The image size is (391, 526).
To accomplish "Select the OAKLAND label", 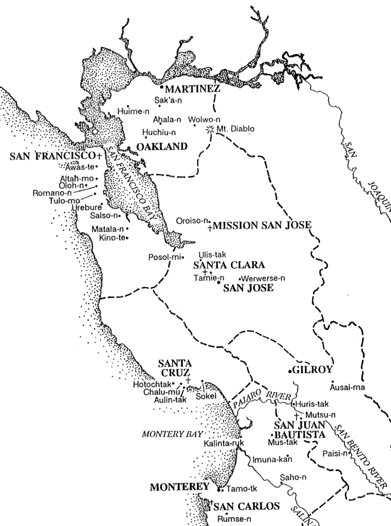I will click(161, 147).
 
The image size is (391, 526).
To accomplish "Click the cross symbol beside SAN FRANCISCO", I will click(99, 155).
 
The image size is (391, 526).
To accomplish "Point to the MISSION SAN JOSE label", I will click(262, 226).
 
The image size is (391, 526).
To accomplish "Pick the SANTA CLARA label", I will click(229, 265).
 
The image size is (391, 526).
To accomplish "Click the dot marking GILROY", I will click(290, 370).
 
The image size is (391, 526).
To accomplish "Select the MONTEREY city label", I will click(179, 487).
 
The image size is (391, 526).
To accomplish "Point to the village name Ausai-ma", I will click(348, 387).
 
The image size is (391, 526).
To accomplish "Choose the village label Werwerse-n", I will click(266, 278).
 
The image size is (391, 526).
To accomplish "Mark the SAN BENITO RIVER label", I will click(360, 452).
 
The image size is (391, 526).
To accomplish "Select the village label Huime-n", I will click(133, 111).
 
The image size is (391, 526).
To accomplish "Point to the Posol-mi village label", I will click(165, 257).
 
